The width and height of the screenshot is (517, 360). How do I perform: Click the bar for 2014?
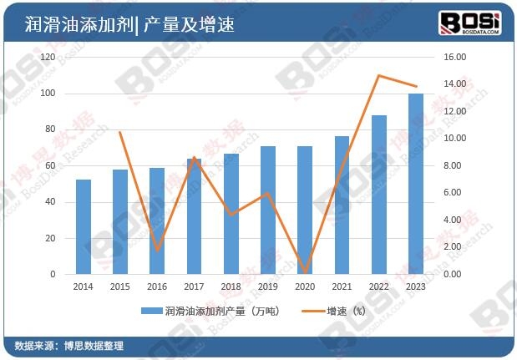coord(84,227)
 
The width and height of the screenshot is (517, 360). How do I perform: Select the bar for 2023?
coord(415,184)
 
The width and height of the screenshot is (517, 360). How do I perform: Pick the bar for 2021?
coord(342,205)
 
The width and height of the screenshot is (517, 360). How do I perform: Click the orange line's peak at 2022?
coord(378,76)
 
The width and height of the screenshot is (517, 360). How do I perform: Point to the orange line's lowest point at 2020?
coord(305,272)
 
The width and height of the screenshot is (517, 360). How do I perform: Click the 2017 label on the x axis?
coord(194,286)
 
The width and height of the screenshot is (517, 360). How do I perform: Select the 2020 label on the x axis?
coord(305,286)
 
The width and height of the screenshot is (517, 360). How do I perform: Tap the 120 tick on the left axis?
coord(48,58)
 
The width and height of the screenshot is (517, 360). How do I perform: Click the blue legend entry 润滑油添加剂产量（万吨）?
coord(209,311)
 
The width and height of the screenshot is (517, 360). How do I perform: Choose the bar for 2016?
coord(157,221)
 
